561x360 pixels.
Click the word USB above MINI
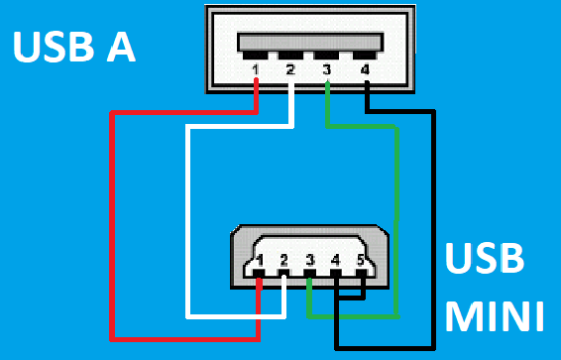pos(485,260)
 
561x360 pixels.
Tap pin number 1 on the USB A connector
pos(257,69)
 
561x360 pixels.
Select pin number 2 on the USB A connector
pos(290,69)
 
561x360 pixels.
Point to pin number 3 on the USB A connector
pos(327,69)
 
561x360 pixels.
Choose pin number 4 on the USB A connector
pos(365,69)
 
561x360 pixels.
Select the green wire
pos(396,218)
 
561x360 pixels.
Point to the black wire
pos(433,228)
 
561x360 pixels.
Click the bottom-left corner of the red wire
pos(112,334)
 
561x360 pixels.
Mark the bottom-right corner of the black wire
pos(433,347)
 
